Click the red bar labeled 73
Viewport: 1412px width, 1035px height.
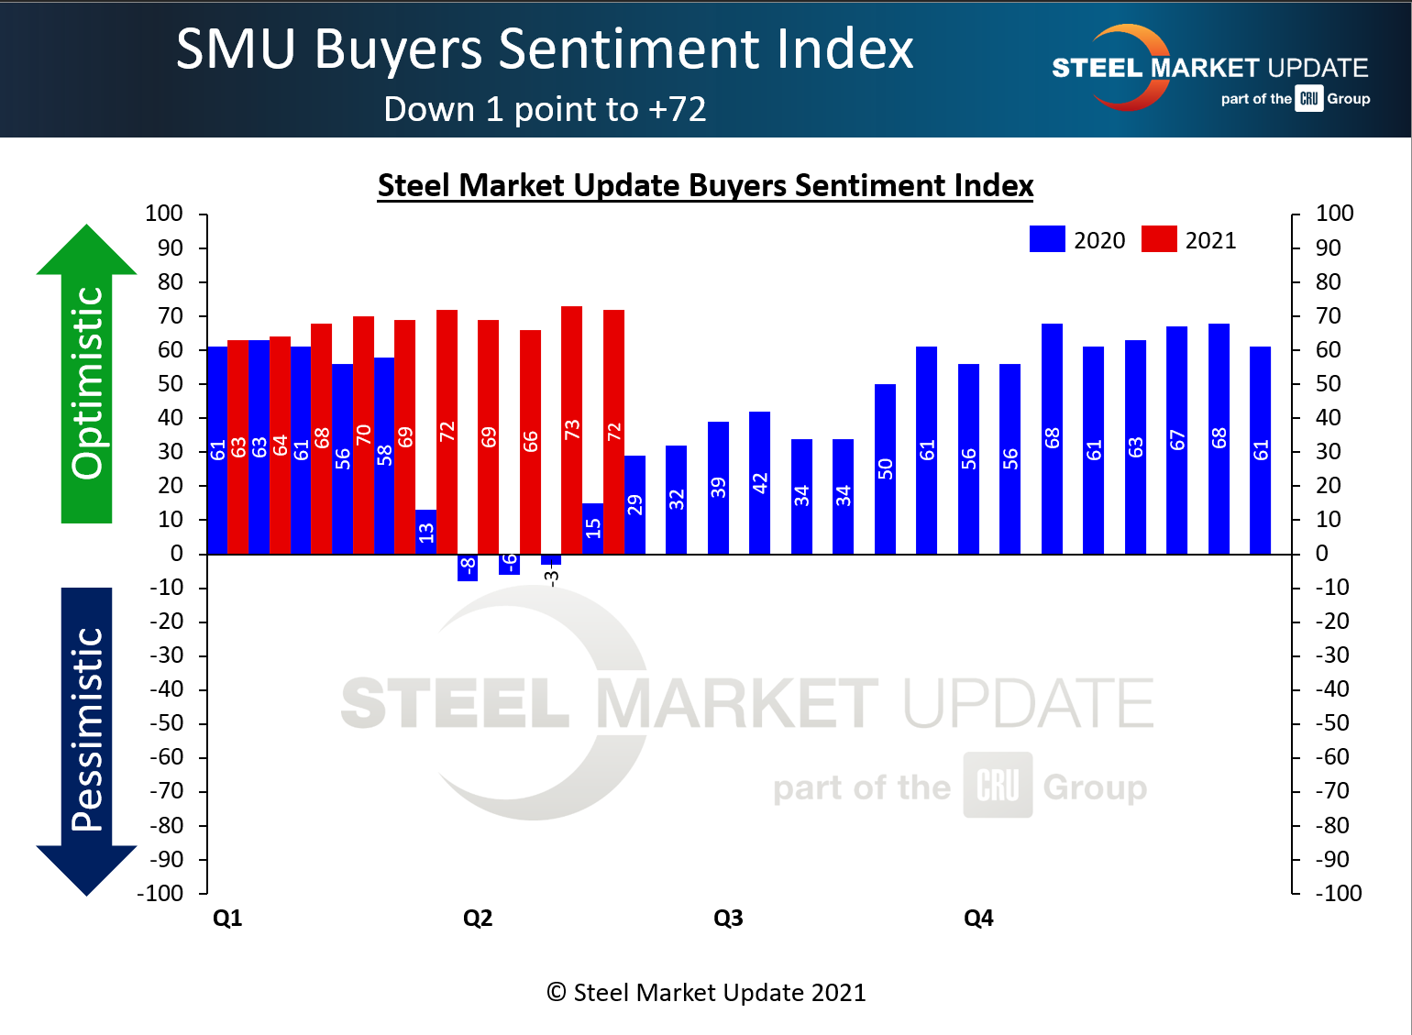571,430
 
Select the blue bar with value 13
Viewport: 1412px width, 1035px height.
425,532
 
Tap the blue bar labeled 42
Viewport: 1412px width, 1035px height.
759,482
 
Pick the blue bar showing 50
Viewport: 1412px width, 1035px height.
885,468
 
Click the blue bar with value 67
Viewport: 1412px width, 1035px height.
1176,440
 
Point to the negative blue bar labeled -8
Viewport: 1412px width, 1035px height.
468,567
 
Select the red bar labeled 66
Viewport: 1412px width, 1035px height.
530,442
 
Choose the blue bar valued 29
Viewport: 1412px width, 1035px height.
634,504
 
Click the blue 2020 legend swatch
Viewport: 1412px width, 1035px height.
1047,239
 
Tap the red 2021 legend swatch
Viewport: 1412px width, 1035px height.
1159,239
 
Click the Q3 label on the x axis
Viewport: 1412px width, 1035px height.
728,918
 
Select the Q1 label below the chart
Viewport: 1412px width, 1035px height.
227,918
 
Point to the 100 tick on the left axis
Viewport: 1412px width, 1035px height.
164,214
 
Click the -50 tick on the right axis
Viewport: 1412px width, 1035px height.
1331,723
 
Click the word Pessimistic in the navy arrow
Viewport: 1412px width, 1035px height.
87,729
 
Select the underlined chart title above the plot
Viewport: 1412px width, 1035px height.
705,185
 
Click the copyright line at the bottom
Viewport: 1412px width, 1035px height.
706,993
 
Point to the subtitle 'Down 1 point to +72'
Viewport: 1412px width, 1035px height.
545,109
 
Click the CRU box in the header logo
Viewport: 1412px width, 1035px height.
1309,99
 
